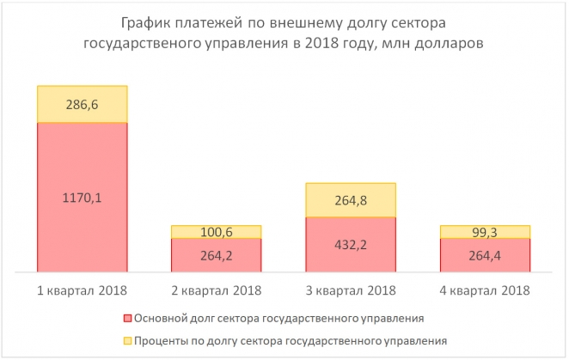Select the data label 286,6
pyautogui.click(x=83, y=105)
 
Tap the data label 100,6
pyautogui.click(x=217, y=232)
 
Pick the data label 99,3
pyautogui.click(x=485, y=232)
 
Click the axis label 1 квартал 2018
pyautogui.click(x=83, y=290)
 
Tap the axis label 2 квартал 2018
pyautogui.click(x=217, y=290)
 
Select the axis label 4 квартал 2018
pyautogui.click(x=485, y=290)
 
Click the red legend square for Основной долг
pyautogui.click(x=126, y=319)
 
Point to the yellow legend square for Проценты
pyautogui.click(x=126, y=341)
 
